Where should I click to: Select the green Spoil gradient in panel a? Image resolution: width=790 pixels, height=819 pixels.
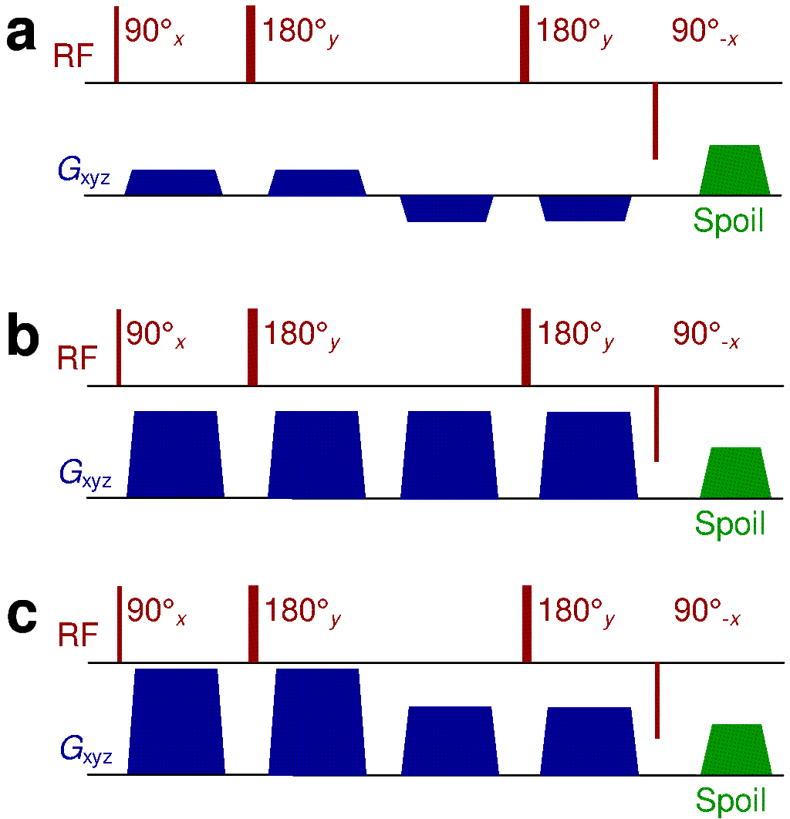click(x=734, y=170)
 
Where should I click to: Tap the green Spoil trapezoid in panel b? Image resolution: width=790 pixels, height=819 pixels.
click(x=735, y=473)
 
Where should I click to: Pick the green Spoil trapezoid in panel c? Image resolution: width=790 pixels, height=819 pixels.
click(x=736, y=749)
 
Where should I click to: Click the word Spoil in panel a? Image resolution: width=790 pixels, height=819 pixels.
click(x=728, y=221)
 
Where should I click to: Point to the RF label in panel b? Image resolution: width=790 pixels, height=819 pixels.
click(x=78, y=359)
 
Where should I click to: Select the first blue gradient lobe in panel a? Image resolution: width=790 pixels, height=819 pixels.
click(x=174, y=182)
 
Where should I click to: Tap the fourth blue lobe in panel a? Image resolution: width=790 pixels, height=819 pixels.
click(x=586, y=208)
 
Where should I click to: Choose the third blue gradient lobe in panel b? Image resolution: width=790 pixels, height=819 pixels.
click(x=448, y=455)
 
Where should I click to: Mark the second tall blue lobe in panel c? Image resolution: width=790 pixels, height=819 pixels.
click(x=317, y=721)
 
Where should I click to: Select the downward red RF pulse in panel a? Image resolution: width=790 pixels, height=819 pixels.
click(x=655, y=121)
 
